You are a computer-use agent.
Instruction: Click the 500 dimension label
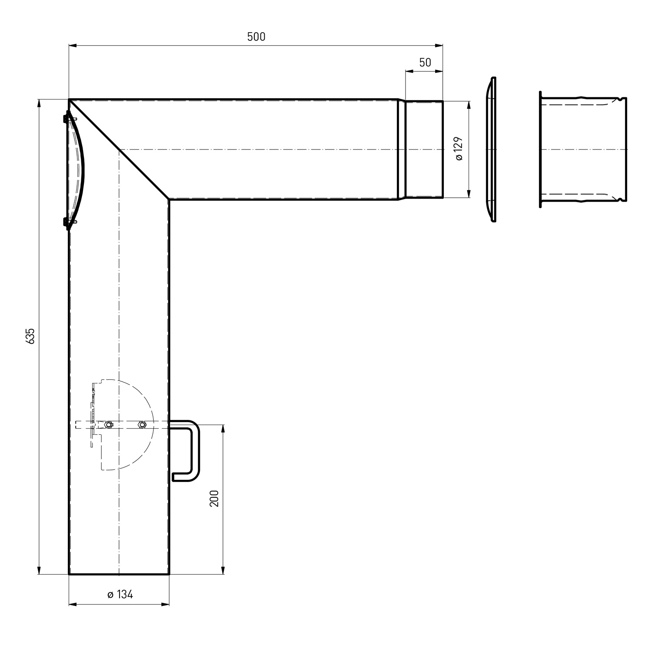[x=256, y=37]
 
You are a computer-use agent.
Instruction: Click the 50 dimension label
[x=425, y=63]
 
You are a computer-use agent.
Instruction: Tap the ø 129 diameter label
[x=459, y=149]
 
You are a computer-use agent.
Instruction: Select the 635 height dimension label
[x=30, y=336]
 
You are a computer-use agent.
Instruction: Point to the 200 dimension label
[x=214, y=498]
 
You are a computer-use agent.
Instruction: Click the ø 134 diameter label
[x=120, y=594]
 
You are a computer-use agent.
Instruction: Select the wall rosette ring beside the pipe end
[x=491, y=150]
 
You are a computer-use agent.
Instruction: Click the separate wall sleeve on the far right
[x=582, y=150]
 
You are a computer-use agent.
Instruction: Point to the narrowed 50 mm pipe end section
[x=424, y=150]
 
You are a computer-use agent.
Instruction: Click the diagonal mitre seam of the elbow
[x=119, y=150]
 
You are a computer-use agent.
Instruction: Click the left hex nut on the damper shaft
[x=109, y=425]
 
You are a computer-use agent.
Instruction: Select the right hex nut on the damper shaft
[x=141, y=425]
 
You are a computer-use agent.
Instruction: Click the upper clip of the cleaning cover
[x=68, y=117]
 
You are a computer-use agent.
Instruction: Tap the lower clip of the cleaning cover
[x=68, y=223]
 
